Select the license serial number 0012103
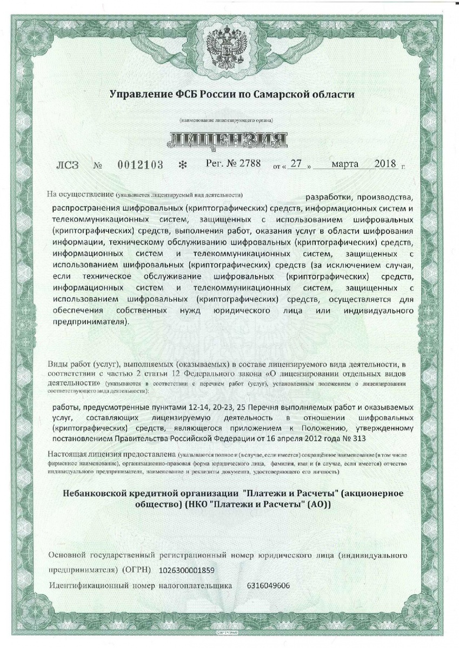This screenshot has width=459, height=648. click(x=141, y=165)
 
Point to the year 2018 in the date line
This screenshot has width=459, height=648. click(x=385, y=164)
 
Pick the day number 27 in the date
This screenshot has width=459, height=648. click(x=294, y=164)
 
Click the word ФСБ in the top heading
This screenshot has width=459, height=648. click(x=183, y=94)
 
